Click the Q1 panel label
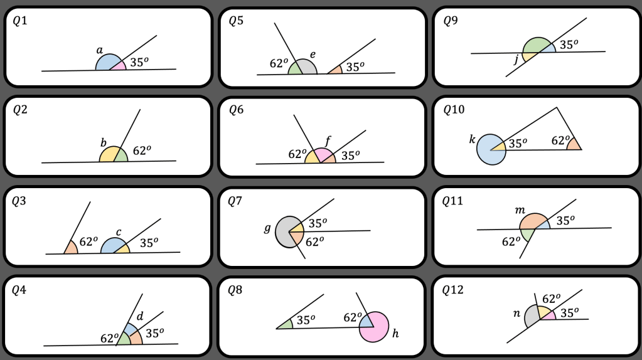click(x=20, y=21)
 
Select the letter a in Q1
click(x=100, y=50)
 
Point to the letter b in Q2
click(x=104, y=142)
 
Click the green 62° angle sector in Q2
click(x=121, y=156)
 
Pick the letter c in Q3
click(x=119, y=232)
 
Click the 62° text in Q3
click(x=88, y=241)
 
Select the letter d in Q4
click(x=140, y=316)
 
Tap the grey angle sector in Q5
click(x=307, y=68)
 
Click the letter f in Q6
click(x=328, y=142)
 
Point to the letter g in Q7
click(x=267, y=228)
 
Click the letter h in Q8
click(x=395, y=334)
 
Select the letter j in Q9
click(x=516, y=60)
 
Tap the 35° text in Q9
click(x=569, y=45)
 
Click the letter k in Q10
click(x=472, y=139)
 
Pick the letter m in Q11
click(x=520, y=210)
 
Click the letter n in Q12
click(x=516, y=314)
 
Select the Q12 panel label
click(x=453, y=290)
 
